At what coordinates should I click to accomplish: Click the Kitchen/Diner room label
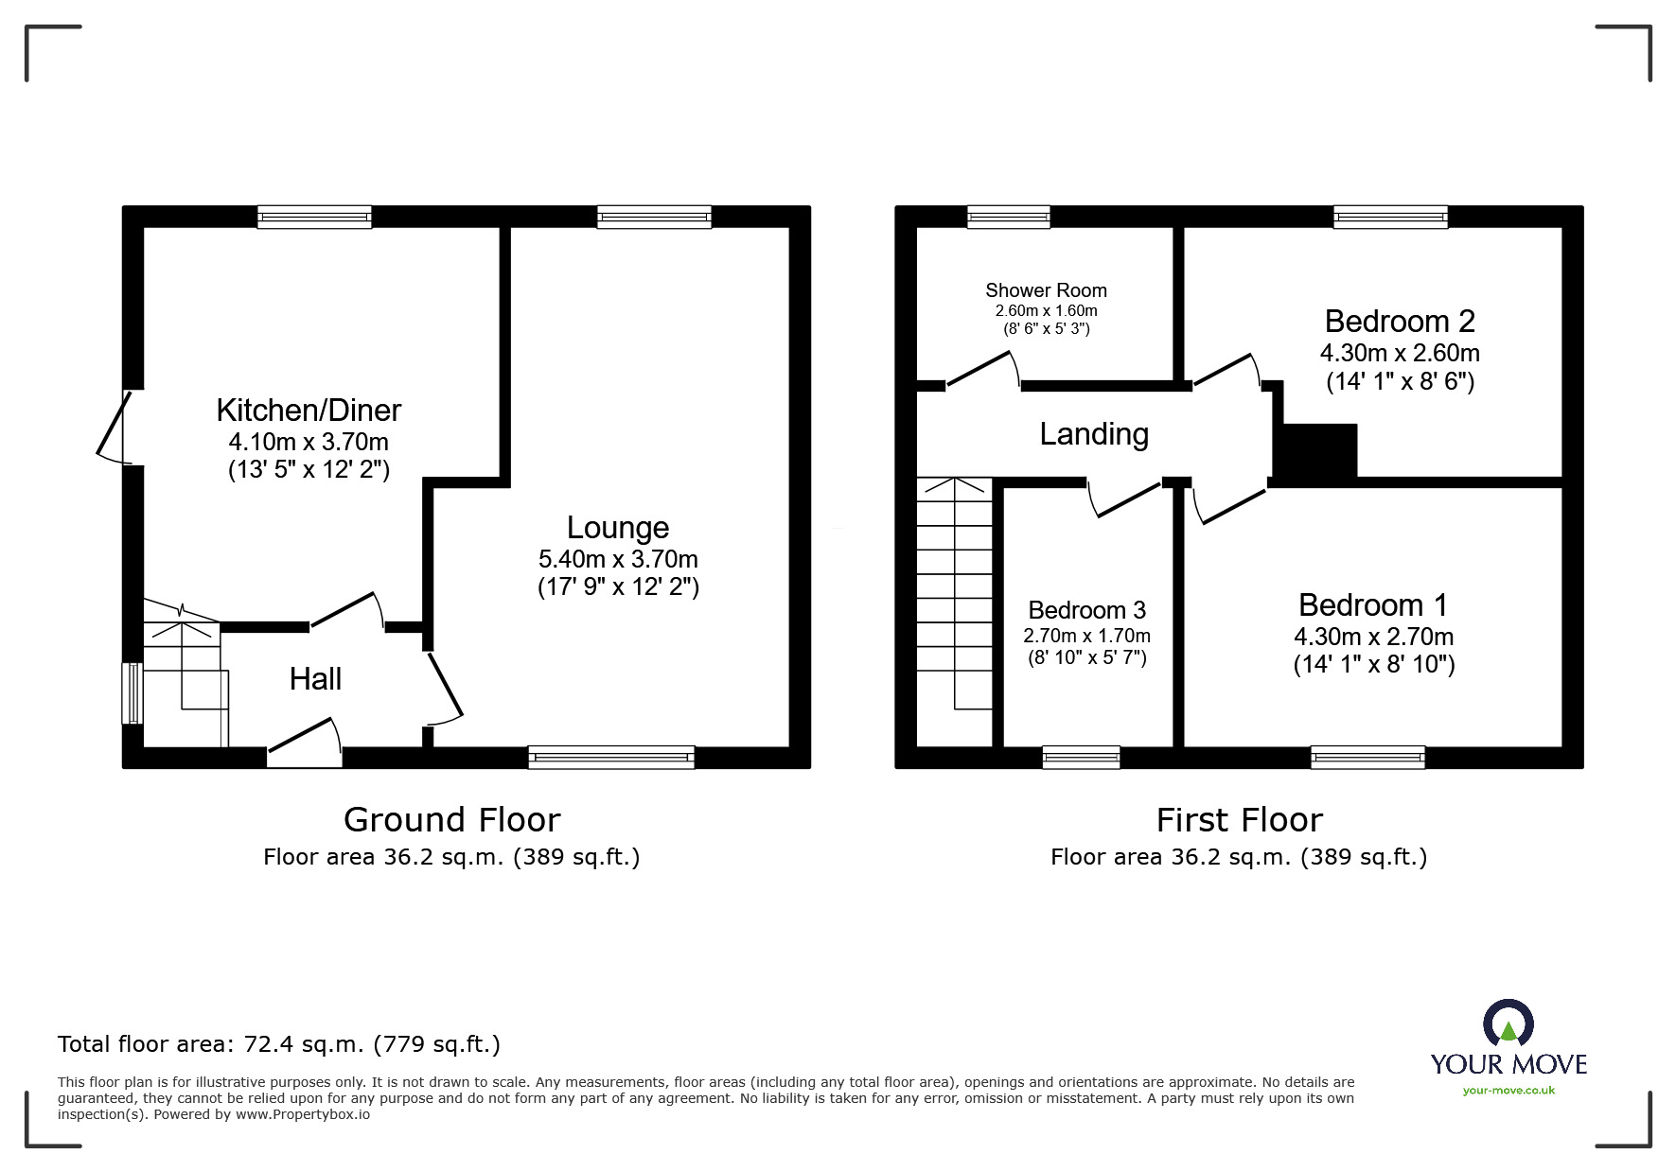309,410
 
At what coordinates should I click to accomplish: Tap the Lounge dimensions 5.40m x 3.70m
618,558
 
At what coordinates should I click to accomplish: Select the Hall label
315,678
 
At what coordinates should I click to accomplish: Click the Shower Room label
1046,290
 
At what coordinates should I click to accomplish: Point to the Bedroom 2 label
1399,322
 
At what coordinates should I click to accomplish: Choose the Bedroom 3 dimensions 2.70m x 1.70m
1086,636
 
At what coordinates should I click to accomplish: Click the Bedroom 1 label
1372,604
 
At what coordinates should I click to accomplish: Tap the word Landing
1094,434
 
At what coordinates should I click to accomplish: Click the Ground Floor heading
451,819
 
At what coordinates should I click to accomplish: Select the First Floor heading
1239,819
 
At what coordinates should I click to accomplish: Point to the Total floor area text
279,1044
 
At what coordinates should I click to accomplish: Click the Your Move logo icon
1508,1023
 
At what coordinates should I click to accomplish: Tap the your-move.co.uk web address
1508,1091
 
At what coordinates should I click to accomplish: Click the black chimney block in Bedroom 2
1315,451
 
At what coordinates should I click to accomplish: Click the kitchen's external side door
115,429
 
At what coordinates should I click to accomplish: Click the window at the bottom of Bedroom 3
1081,756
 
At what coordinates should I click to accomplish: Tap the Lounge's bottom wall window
611,756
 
